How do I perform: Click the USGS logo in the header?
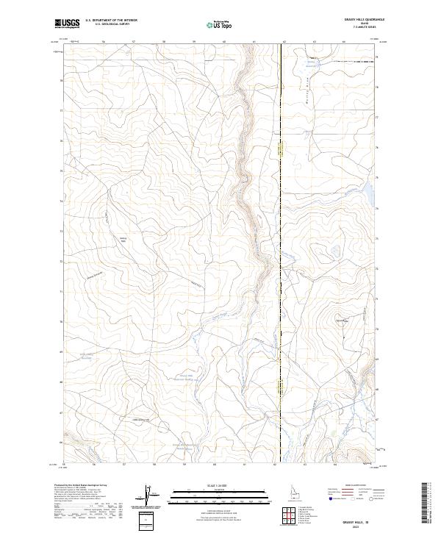point(67,24)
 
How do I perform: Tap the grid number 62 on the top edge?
point(284,43)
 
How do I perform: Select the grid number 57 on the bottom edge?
point(124,465)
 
